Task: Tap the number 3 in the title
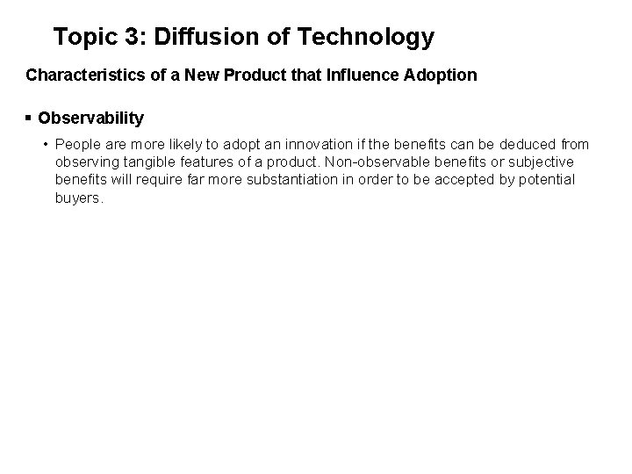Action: click(134, 38)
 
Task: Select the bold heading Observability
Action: click(91, 118)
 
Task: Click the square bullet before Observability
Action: click(30, 118)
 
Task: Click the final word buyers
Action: click(77, 198)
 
